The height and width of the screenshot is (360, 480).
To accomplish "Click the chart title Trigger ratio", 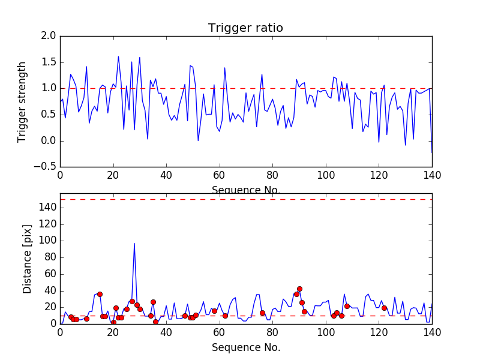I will click(x=245, y=28).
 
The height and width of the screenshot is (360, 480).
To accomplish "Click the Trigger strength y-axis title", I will click(x=22, y=101).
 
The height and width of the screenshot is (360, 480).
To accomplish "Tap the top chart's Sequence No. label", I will click(x=245, y=190).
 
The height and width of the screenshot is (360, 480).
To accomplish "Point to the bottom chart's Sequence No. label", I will click(x=245, y=347).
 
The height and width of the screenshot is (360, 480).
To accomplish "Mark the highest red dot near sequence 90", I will click(x=299, y=289).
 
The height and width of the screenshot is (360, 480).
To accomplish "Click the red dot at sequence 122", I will click(x=384, y=308).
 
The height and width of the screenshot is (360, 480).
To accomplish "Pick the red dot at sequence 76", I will click(x=262, y=313).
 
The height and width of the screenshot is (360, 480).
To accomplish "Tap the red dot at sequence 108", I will click(x=347, y=306).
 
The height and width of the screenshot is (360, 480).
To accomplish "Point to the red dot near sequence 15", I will click(x=100, y=294).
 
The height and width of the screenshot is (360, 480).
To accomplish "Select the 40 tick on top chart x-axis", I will click(x=166, y=175).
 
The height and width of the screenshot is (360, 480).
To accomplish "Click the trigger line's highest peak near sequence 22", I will click(x=118, y=57).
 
